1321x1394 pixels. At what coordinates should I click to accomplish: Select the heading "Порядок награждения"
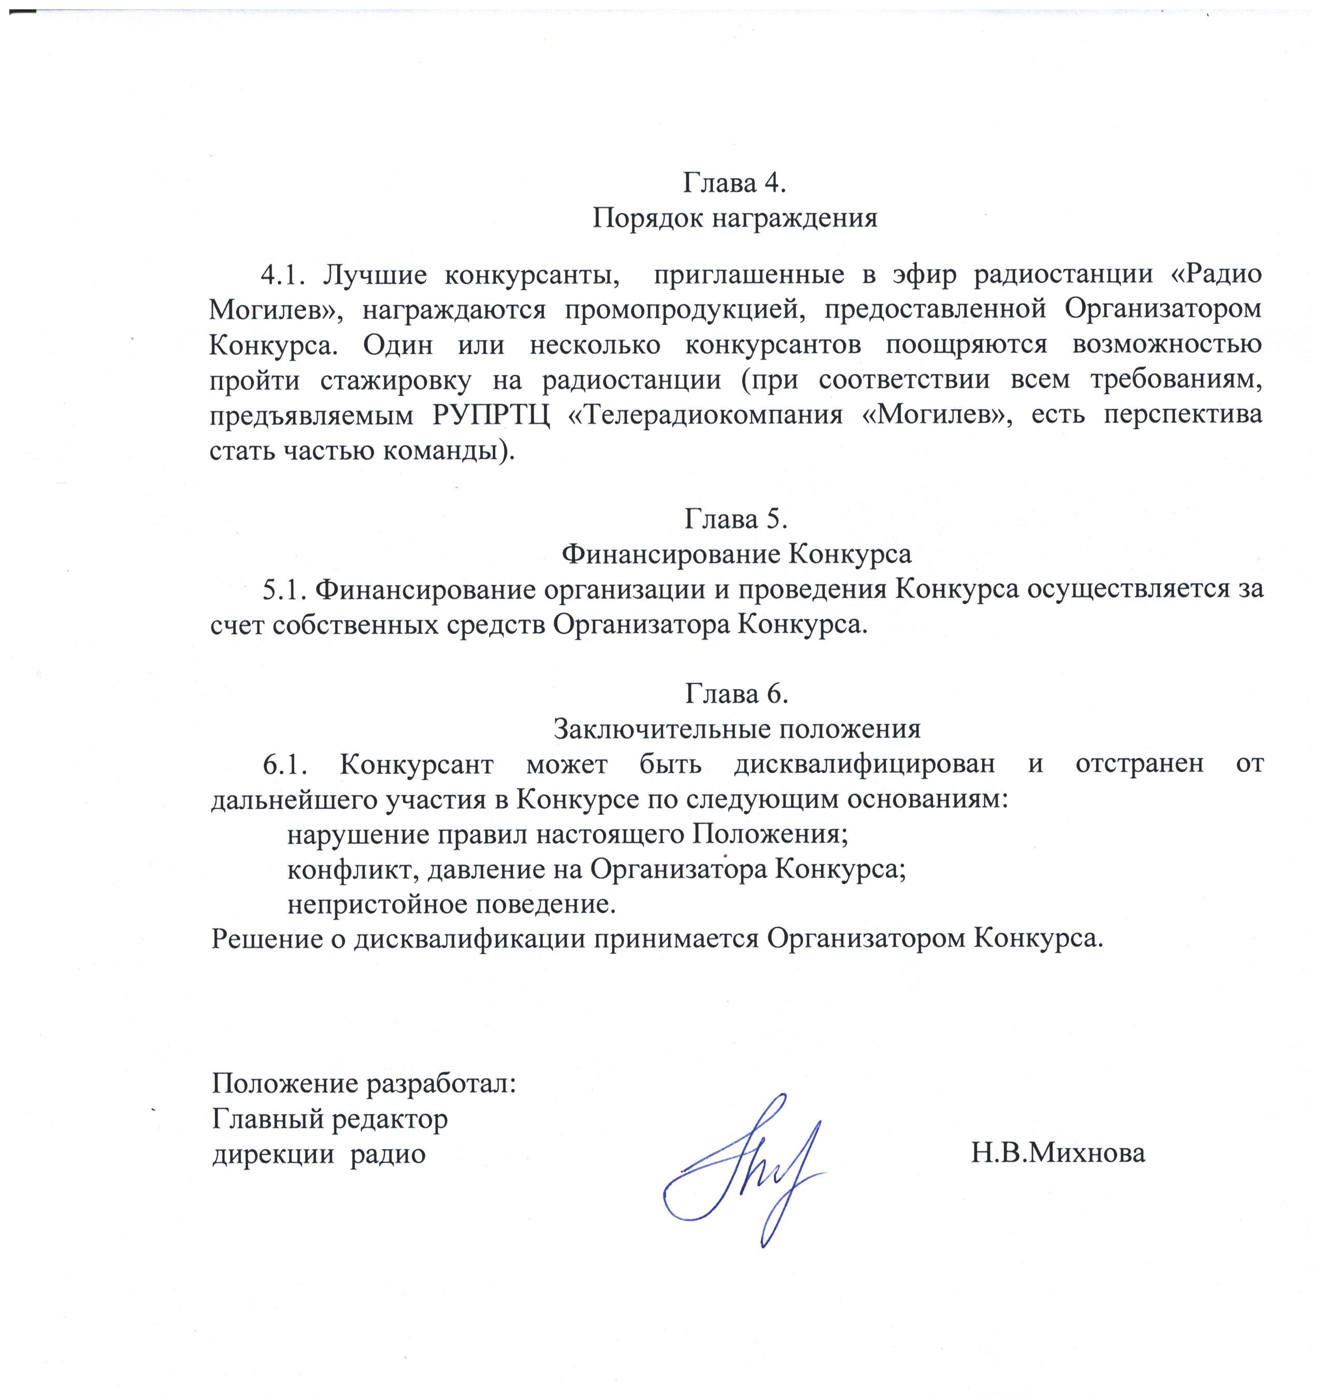[x=735, y=218]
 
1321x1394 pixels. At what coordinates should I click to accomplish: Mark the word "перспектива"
[x=1183, y=415]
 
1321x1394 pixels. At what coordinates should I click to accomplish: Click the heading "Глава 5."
[x=736, y=519]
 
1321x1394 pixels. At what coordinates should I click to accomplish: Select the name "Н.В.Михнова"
[x=1058, y=1154]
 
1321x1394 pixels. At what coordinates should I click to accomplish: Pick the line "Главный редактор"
[x=329, y=1119]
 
